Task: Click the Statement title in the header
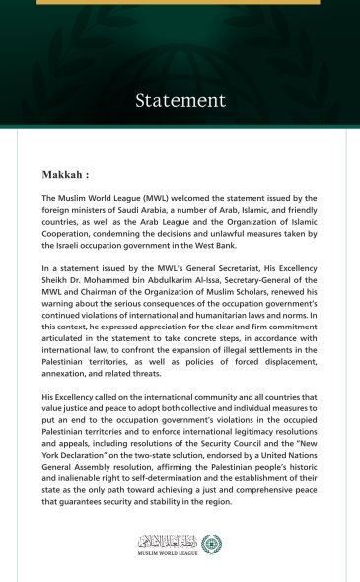pyautogui.click(x=180, y=101)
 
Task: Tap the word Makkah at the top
pyautogui.click(x=65, y=173)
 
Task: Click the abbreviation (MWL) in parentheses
pyautogui.click(x=135, y=199)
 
